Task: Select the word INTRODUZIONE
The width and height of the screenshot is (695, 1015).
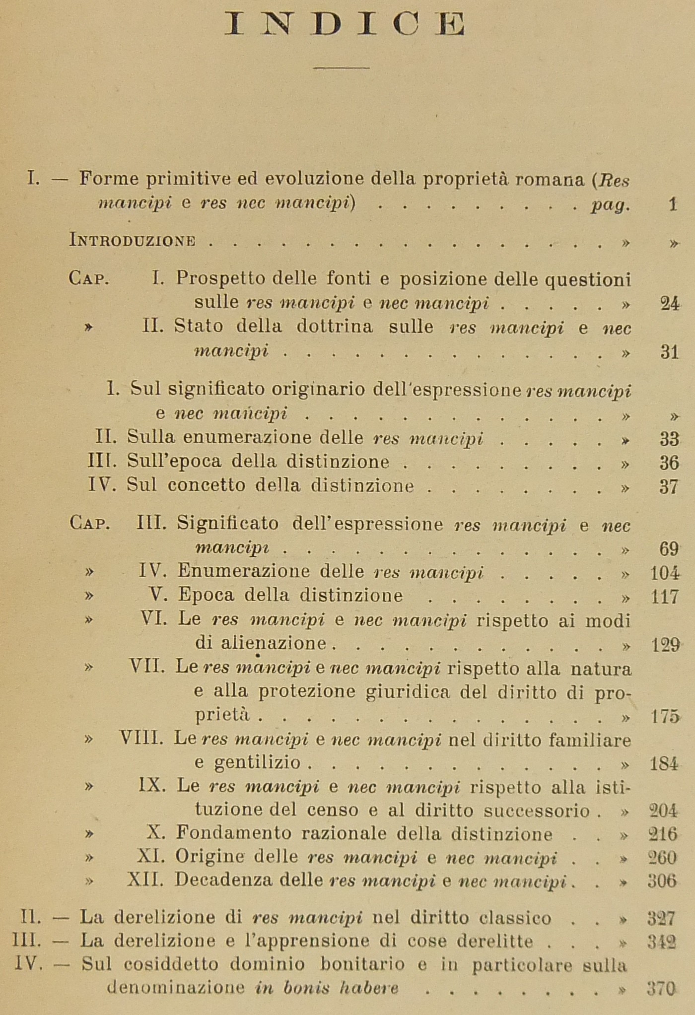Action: (132, 242)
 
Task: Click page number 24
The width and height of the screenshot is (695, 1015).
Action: (670, 304)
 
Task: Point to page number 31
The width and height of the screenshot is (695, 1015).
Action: (670, 352)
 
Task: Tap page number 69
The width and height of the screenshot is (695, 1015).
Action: (669, 549)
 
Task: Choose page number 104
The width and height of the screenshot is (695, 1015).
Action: (665, 573)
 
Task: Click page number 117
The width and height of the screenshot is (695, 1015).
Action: (665, 597)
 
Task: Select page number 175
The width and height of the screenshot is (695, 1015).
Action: (665, 717)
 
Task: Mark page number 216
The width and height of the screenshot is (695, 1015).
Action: (663, 834)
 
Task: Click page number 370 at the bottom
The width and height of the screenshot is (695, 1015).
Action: (662, 989)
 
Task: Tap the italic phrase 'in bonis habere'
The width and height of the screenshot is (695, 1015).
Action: (327, 989)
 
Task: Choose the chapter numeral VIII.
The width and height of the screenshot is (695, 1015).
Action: (141, 740)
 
